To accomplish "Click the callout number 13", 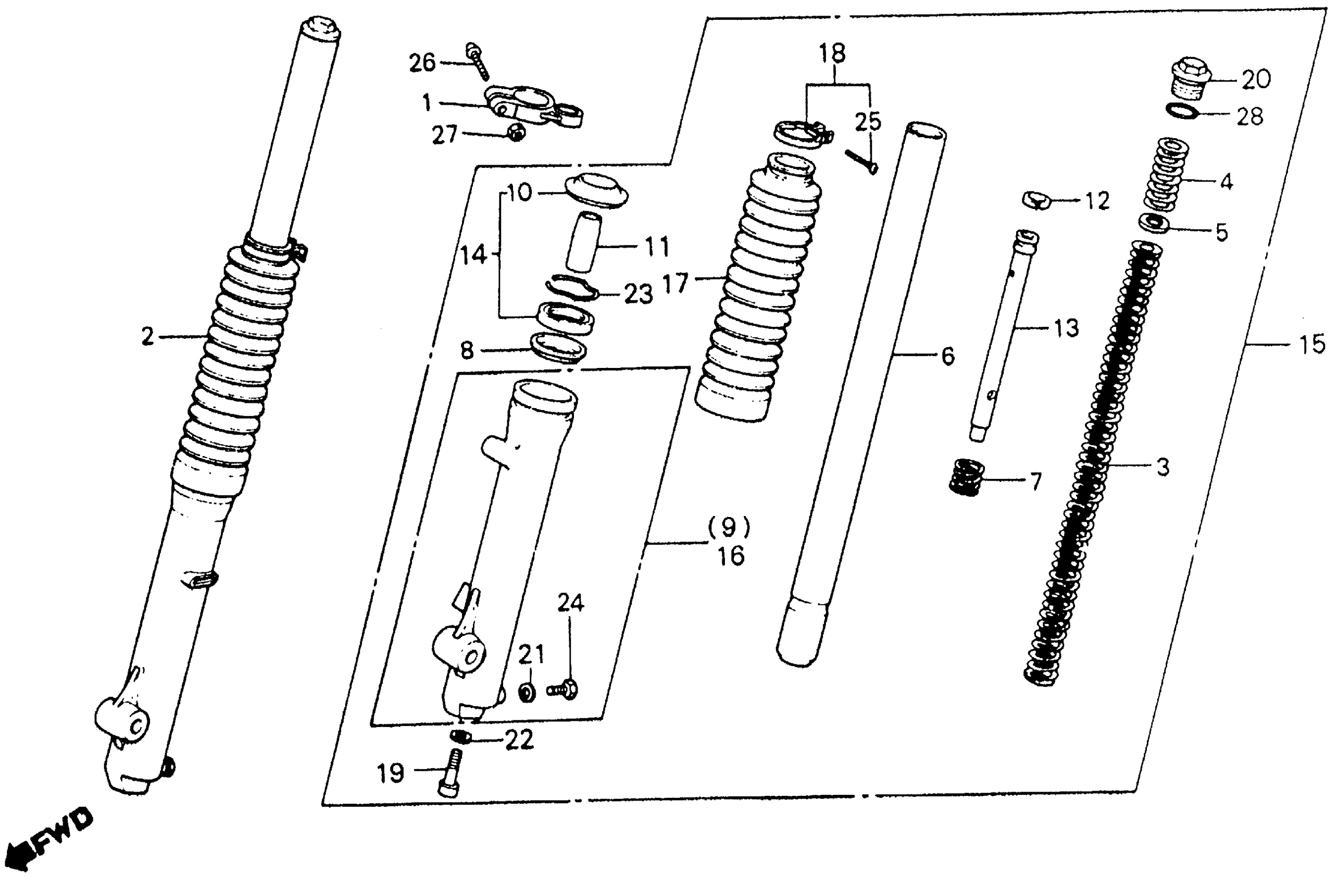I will (x=1065, y=328).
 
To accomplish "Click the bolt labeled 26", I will (x=477, y=61).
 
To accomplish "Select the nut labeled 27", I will (x=516, y=133).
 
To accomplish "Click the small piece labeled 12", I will (x=1036, y=200).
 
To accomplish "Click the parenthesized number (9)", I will (x=729, y=527).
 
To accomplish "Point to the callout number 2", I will (x=147, y=337).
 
